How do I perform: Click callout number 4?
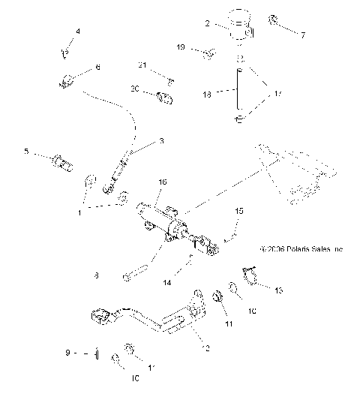point(76,32)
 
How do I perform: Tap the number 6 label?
point(97,67)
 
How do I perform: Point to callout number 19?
point(181,47)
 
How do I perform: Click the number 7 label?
point(303,35)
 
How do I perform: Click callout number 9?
point(67,352)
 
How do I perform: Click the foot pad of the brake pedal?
point(103,318)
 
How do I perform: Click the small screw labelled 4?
point(64,53)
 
